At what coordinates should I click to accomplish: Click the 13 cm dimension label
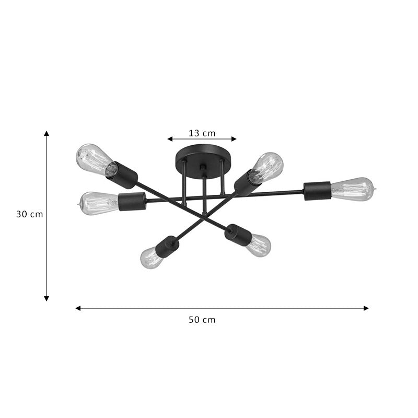(202, 133)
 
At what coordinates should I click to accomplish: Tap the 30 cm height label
(29, 214)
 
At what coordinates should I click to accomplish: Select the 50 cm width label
(202, 320)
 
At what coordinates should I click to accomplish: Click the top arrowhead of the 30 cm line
(47, 133)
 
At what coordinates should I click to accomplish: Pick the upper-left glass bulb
(95, 159)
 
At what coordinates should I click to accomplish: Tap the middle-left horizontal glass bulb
(99, 203)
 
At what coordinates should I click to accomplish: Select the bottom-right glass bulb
(259, 245)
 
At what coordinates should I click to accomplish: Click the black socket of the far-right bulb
(317, 191)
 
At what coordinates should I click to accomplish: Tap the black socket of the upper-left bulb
(122, 175)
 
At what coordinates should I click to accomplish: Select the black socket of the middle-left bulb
(132, 201)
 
